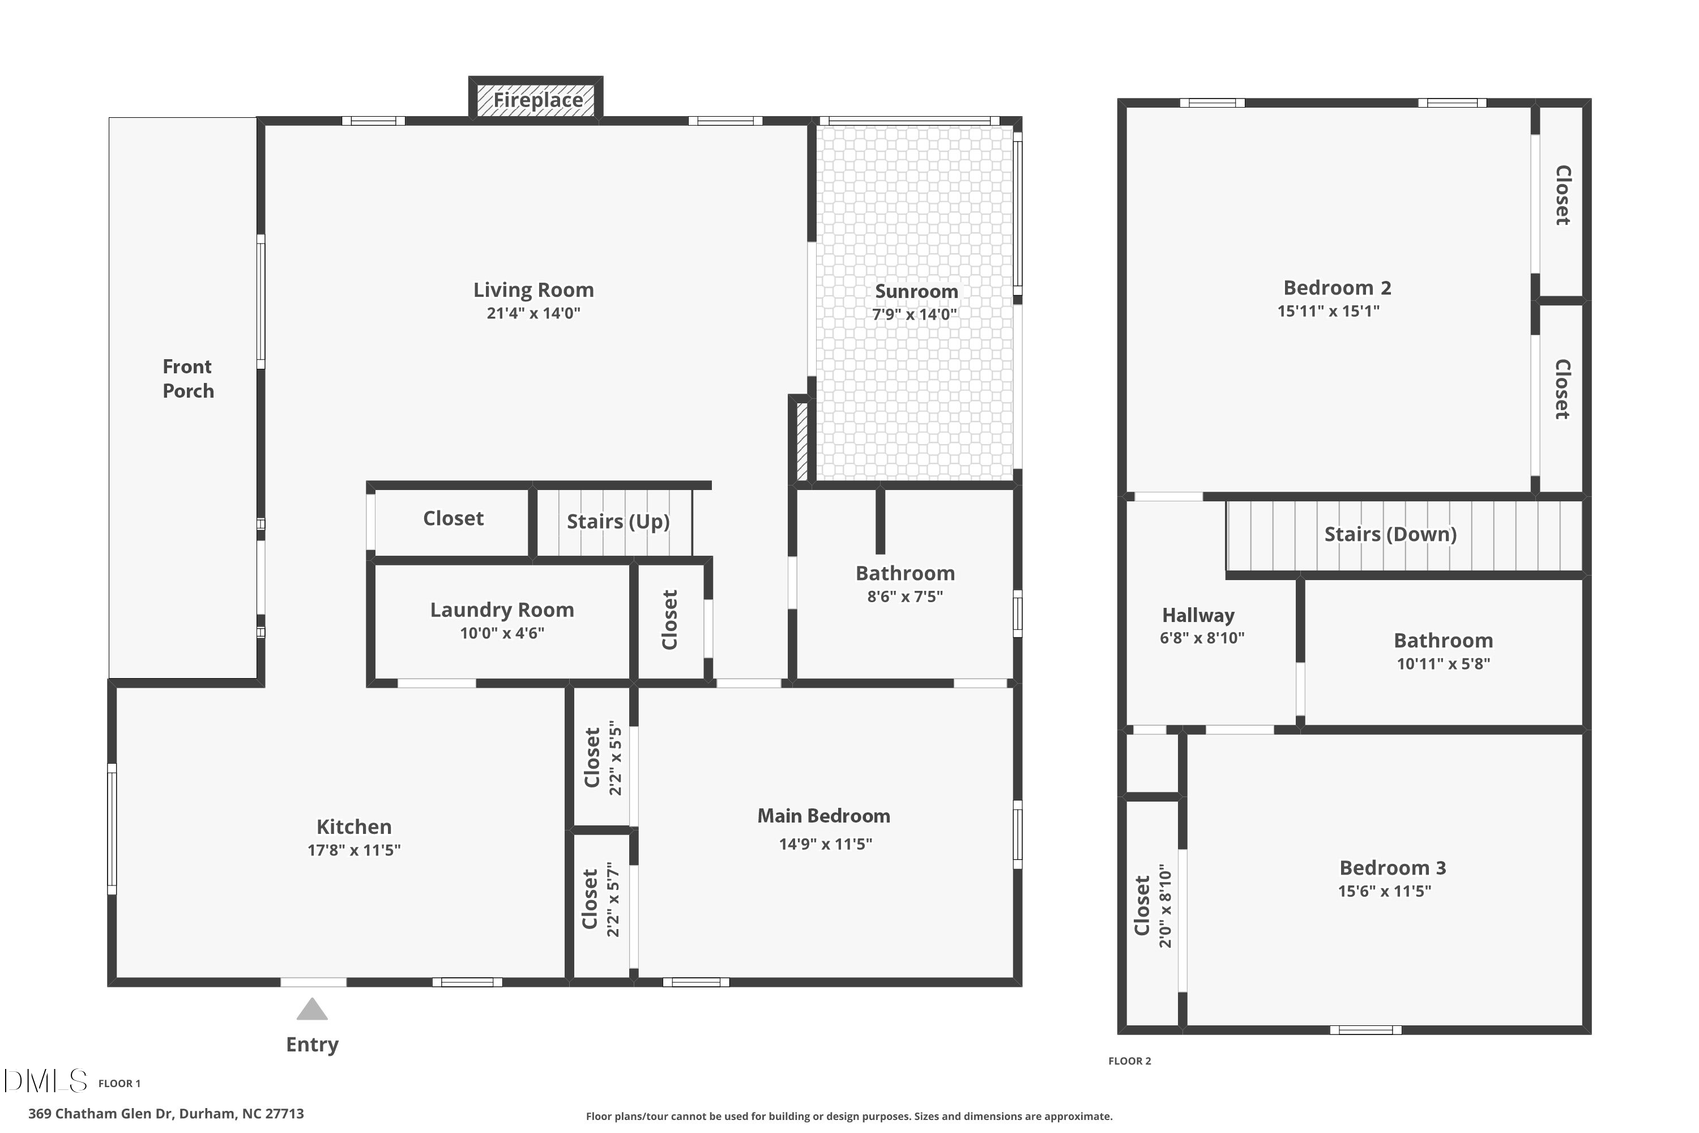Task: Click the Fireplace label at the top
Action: [537, 100]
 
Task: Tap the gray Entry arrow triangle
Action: [312, 1010]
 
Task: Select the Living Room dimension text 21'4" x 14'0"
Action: [533, 313]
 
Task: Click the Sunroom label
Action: [916, 291]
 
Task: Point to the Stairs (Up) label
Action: [618, 521]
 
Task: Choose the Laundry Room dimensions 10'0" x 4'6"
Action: [502, 633]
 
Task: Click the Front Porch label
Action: [188, 378]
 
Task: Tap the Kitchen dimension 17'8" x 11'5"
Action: [354, 850]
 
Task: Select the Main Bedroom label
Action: [823, 816]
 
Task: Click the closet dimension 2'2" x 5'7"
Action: [614, 900]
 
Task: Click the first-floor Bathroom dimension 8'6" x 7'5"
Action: [904, 596]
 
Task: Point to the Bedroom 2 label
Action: [1337, 288]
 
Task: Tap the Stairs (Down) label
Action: [1390, 534]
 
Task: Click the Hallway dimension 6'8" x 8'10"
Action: [1202, 638]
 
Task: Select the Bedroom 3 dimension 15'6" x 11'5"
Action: [1384, 891]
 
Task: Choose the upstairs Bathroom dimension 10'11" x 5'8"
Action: [1442, 663]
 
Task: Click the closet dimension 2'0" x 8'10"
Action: [1165, 906]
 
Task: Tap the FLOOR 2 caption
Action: [1129, 1060]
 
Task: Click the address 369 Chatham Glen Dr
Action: [166, 1114]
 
